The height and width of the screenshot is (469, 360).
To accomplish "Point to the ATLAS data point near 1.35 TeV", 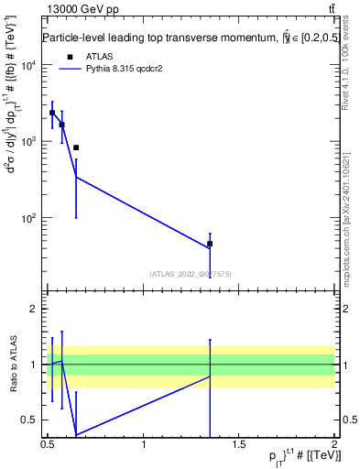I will click(210, 244).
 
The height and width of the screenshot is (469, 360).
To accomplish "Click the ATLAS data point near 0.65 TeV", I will click(76, 147).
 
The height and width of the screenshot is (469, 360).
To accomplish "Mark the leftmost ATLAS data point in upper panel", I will click(52, 113).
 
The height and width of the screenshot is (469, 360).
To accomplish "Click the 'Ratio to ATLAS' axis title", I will click(14, 365).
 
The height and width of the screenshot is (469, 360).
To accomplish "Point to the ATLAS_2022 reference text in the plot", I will click(190, 273).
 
